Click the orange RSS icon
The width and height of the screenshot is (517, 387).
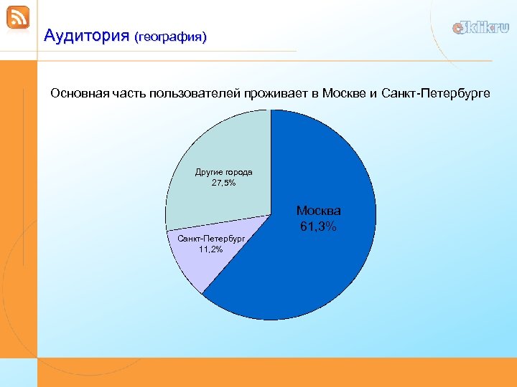[x=18, y=18]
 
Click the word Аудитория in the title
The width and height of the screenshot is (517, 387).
[x=85, y=35]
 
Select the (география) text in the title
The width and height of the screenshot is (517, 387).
[x=170, y=37]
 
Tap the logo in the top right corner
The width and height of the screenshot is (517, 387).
[x=480, y=28]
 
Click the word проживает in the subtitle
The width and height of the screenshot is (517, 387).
[x=276, y=94]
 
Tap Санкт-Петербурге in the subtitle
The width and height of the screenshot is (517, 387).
[x=436, y=94]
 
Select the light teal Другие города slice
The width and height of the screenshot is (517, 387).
[x=215, y=143]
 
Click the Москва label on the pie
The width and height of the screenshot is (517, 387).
[x=319, y=211]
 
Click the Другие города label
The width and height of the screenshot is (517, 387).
[x=223, y=172]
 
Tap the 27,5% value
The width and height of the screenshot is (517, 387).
[x=223, y=183]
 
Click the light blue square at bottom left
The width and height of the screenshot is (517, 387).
[x=18, y=372]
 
